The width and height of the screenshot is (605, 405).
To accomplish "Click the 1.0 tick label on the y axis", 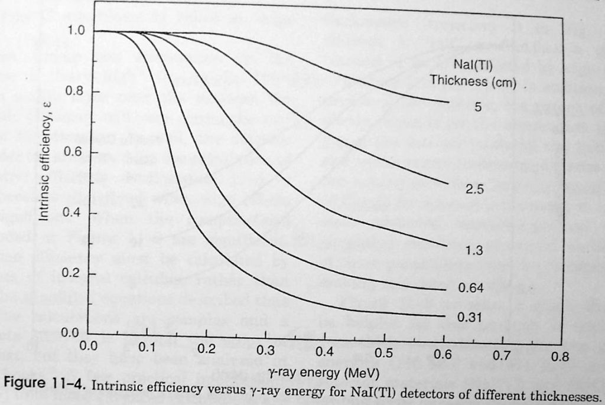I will click(77, 31).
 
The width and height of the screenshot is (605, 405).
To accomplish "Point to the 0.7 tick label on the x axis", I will click(502, 357).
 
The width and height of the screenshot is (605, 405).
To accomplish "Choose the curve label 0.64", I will click(471, 288).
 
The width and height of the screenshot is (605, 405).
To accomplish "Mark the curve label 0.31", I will click(470, 318).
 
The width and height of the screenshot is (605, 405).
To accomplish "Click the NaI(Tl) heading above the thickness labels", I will click(473, 64).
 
